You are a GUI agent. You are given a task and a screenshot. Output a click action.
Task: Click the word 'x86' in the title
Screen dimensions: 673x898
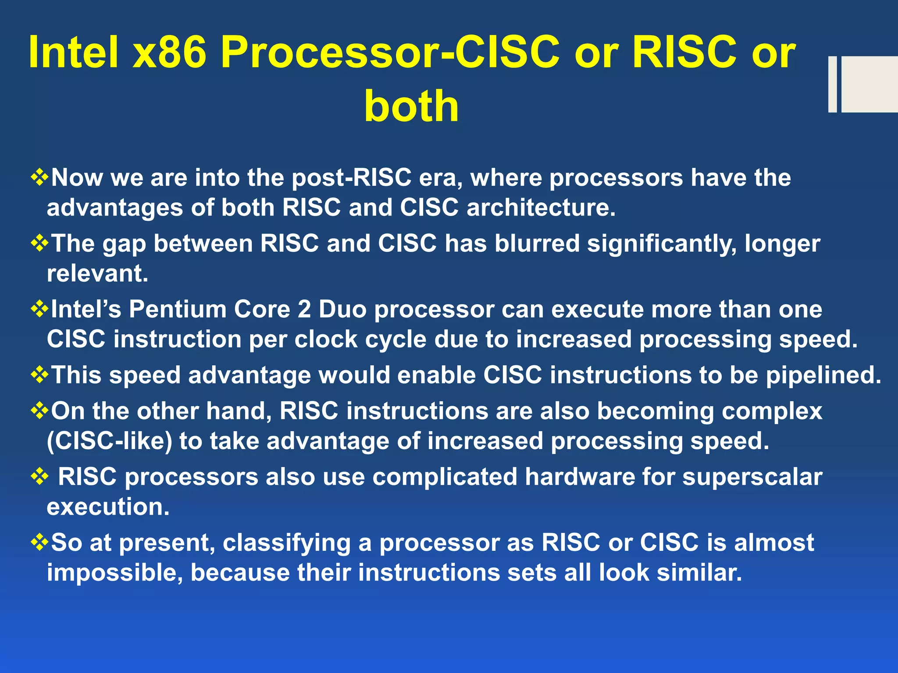click(169, 53)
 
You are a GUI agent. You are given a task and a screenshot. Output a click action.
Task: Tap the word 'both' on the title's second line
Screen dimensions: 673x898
click(411, 106)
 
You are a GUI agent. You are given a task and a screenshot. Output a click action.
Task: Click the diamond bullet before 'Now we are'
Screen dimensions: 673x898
click(39, 178)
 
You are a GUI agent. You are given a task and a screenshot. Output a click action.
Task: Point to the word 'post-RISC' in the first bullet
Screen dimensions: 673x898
click(351, 178)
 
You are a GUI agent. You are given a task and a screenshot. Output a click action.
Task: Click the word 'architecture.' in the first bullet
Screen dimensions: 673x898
click(541, 207)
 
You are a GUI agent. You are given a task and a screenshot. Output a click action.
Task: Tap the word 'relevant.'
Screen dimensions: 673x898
click(97, 274)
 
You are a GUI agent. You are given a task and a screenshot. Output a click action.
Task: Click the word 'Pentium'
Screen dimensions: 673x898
click(177, 309)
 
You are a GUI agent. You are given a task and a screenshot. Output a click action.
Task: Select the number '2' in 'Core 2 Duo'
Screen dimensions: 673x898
click(304, 309)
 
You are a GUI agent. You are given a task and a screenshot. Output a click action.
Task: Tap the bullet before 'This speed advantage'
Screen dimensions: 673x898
click(39, 375)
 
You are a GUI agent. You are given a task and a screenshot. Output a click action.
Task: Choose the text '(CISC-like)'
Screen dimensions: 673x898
click(109, 441)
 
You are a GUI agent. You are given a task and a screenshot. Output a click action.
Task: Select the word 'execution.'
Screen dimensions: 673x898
click(108, 507)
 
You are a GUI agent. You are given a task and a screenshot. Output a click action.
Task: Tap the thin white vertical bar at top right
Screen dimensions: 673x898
click(832, 84)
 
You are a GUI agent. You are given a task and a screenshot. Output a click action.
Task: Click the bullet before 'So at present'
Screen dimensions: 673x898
click(39, 543)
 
